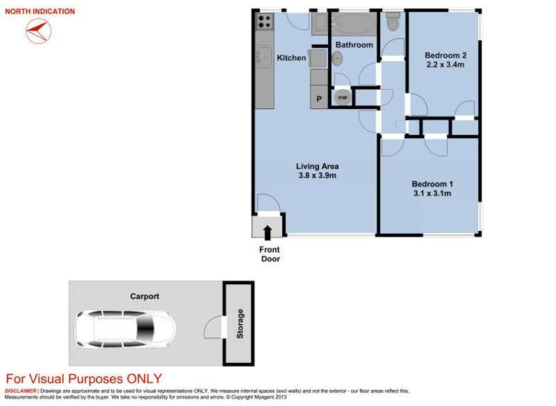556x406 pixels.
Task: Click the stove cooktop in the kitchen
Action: pyautogui.click(x=264, y=22)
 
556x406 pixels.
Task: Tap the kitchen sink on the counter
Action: pyautogui.click(x=264, y=56)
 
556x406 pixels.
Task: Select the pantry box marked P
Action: pyautogui.click(x=319, y=98)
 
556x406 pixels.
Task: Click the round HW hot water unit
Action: pyautogui.click(x=342, y=97)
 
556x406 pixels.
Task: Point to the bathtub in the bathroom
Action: pyautogui.click(x=353, y=24)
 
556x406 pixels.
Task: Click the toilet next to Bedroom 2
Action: pyautogui.click(x=393, y=24)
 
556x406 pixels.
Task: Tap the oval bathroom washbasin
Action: pyautogui.click(x=337, y=60)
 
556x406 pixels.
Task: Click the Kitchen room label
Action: pyautogui.click(x=292, y=58)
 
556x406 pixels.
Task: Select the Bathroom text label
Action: pyautogui.click(x=354, y=45)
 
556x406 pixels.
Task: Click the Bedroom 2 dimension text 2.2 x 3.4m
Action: pyautogui.click(x=444, y=65)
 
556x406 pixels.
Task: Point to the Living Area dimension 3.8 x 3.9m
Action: pyautogui.click(x=317, y=176)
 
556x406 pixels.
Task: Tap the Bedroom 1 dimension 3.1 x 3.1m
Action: pyautogui.click(x=431, y=193)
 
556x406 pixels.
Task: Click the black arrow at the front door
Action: pyautogui.click(x=267, y=232)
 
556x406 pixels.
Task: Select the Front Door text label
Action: pyautogui.click(x=269, y=254)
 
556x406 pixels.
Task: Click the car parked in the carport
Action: pyautogui.click(x=125, y=327)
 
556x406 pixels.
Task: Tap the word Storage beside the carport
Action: pyautogui.click(x=240, y=324)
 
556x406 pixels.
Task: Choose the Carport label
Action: pyautogui.click(x=144, y=296)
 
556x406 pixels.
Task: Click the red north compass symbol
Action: pyautogui.click(x=37, y=30)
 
